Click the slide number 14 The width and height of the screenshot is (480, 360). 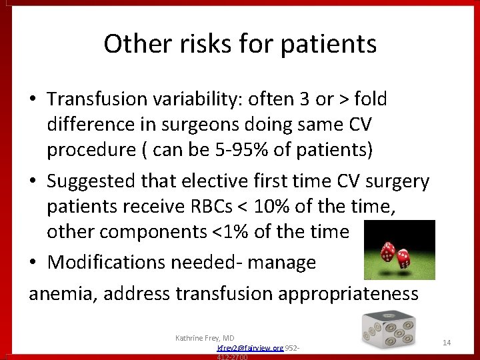(x=447, y=342)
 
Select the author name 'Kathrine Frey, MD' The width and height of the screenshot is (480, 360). (x=205, y=338)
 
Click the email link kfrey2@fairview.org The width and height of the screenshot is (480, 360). (x=250, y=348)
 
